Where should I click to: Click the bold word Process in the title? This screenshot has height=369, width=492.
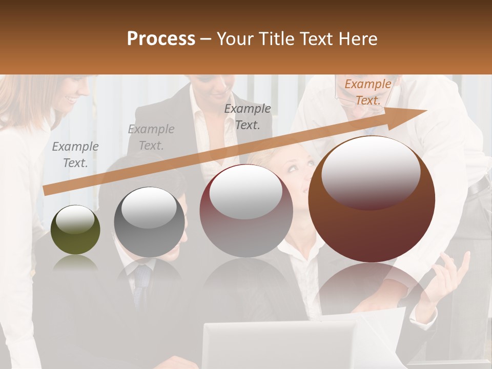tap(161, 39)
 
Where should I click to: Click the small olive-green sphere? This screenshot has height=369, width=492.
tap(75, 230)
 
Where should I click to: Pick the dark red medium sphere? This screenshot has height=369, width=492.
tap(246, 211)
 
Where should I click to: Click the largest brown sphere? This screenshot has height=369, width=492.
tap(372, 200)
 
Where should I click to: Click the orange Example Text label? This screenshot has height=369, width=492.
tap(367, 92)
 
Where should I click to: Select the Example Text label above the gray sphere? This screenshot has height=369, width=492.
tap(151, 137)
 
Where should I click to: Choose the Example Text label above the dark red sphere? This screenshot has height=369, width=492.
tap(248, 116)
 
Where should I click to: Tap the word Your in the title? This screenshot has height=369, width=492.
tap(236, 39)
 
